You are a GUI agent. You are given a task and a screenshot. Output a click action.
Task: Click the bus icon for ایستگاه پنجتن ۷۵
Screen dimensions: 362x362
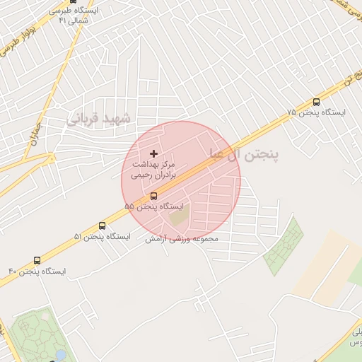pyautogui.click(x=315, y=102)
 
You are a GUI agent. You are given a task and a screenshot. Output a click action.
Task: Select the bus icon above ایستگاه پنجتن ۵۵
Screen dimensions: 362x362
pyautogui.click(x=154, y=195)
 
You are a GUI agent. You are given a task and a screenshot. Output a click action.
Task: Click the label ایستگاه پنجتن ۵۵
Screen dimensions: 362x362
pyautogui.click(x=153, y=206)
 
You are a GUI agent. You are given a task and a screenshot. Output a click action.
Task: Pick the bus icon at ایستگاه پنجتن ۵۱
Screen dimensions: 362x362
pyautogui.click(x=103, y=226)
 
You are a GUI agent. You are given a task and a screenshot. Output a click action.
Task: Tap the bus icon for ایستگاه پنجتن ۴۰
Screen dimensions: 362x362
pyautogui.click(x=37, y=260)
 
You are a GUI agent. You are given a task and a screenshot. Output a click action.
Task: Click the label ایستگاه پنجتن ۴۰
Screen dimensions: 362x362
pyautogui.click(x=37, y=271)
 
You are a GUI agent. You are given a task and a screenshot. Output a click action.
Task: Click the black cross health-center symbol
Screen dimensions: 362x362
pyautogui.click(x=154, y=153)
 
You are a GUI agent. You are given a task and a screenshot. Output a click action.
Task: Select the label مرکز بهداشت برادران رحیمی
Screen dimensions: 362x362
pyautogui.click(x=153, y=168)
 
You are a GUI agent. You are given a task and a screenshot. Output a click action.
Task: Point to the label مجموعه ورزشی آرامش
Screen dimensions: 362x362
pyautogui.click(x=182, y=239)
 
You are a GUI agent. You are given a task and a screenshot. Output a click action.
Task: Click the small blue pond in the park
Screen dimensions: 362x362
pyautogui.click(x=60, y=354)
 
